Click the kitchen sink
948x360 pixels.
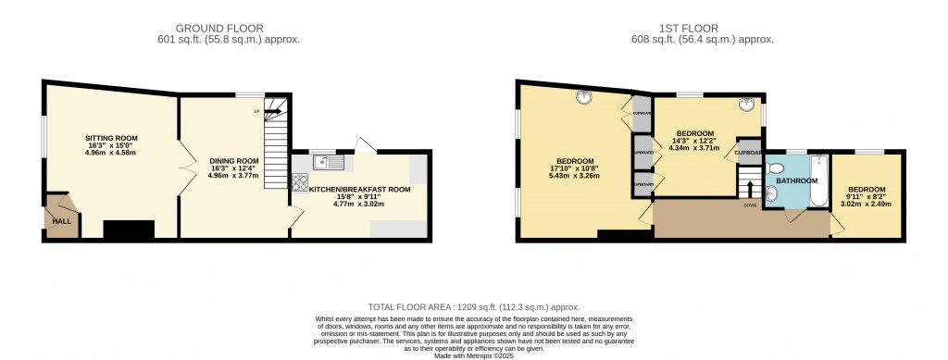328,164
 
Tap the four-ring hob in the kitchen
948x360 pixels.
300,182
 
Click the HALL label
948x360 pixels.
62,222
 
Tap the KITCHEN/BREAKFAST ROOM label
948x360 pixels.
359,189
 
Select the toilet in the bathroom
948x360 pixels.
776,168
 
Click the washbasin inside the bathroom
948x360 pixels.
770,194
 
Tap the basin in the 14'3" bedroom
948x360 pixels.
746,104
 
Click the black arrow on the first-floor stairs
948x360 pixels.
749,188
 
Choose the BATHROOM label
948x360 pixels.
796,180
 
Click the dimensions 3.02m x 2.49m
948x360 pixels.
866,204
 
